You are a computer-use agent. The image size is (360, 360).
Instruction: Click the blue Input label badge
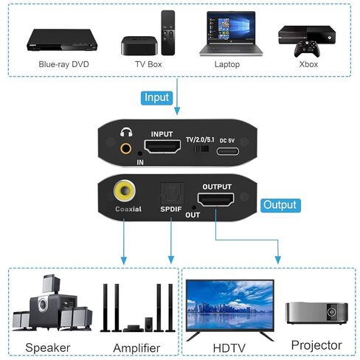156,98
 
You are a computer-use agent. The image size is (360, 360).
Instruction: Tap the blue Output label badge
280,205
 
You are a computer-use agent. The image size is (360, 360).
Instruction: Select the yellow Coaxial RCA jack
125,190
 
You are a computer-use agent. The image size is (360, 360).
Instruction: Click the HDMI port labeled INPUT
162,146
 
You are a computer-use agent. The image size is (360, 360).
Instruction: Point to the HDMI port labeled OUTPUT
215,199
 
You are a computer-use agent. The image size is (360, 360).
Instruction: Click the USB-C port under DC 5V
228,151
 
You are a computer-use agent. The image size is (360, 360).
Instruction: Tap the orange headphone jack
125,148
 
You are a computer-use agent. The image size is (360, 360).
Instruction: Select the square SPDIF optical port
172,193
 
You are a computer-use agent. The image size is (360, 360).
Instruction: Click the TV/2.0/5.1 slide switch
201,149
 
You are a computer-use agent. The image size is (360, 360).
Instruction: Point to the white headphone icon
126,132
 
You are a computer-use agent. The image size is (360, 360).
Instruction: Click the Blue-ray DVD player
62,40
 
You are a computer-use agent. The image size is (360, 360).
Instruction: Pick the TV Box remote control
168,32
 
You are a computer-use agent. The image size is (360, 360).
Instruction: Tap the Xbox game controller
307,49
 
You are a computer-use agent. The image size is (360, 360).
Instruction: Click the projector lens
331,312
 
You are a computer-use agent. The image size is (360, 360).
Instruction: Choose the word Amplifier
136,348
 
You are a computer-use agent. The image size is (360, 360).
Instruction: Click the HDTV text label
229,348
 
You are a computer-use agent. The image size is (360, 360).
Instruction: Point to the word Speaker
48,348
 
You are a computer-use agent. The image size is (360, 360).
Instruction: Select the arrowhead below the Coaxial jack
124,260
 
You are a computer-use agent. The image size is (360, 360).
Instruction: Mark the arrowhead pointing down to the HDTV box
278,260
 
